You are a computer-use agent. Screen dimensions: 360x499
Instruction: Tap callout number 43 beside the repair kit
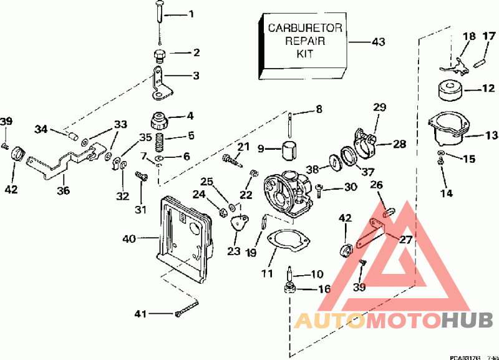point(378,42)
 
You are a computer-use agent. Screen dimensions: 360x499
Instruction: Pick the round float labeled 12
point(450,92)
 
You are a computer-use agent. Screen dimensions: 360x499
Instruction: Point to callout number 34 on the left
point(41,129)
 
